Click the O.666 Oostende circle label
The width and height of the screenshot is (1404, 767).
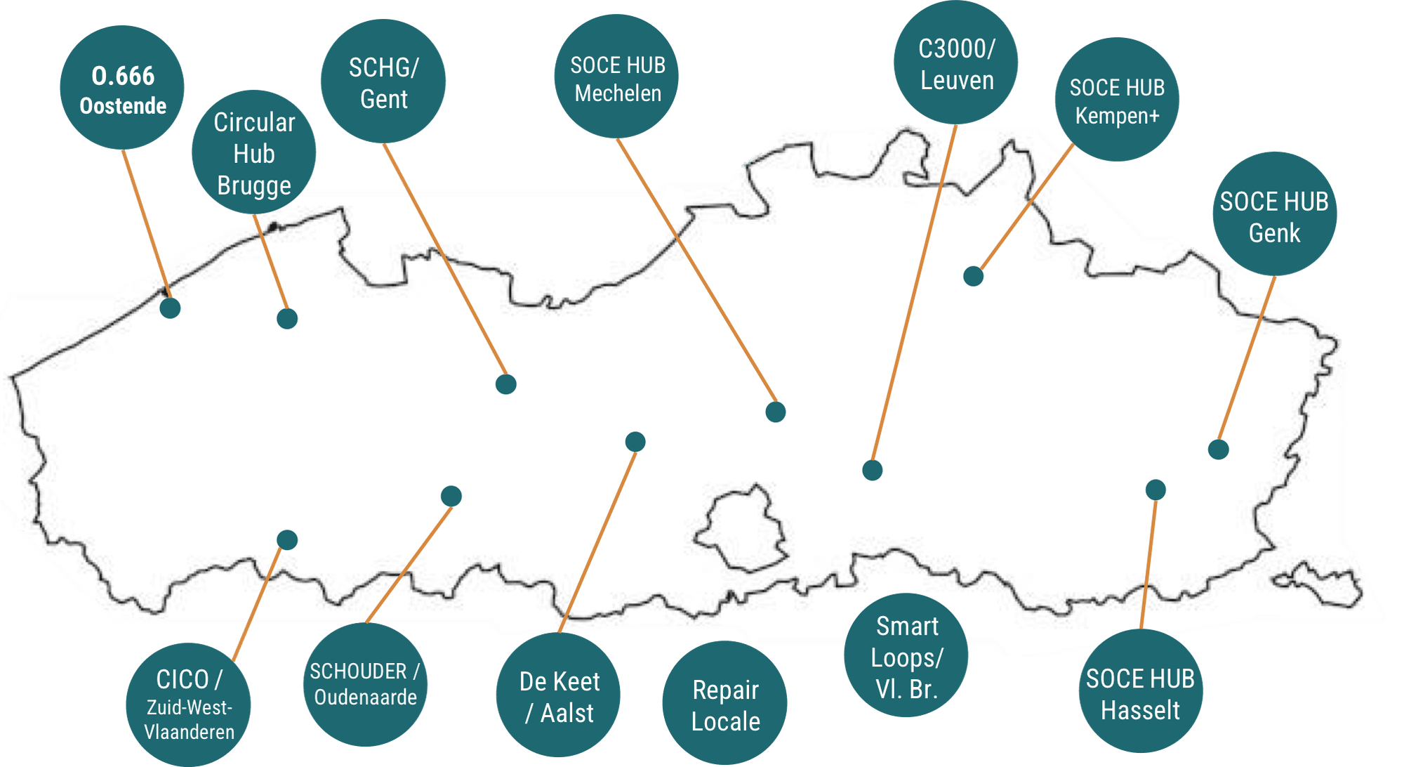(x=122, y=88)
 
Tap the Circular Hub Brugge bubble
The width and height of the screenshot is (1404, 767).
(x=253, y=152)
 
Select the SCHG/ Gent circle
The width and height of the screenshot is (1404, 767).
(x=383, y=81)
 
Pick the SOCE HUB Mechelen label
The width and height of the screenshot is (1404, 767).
(x=616, y=77)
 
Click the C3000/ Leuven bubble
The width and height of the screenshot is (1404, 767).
(x=955, y=63)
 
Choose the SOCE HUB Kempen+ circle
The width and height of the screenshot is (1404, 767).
(x=1117, y=100)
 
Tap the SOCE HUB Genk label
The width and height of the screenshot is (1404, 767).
(x=1275, y=214)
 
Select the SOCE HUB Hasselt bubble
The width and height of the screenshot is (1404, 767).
(x=1141, y=691)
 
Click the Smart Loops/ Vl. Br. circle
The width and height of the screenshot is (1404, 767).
(x=906, y=655)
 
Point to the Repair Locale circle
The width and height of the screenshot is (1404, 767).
(x=725, y=703)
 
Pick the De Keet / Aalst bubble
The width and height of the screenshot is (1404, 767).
(x=558, y=695)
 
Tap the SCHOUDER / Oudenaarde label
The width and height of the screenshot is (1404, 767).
(x=365, y=685)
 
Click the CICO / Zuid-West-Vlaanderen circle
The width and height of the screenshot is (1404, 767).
(x=188, y=705)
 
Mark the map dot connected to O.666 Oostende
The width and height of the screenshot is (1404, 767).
(x=170, y=308)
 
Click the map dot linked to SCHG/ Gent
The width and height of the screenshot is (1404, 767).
(x=506, y=384)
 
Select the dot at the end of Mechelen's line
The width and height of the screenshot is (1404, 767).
(x=776, y=412)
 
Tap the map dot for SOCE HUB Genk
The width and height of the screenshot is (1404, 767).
(x=1219, y=450)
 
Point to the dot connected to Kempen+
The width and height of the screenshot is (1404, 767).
(x=974, y=276)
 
